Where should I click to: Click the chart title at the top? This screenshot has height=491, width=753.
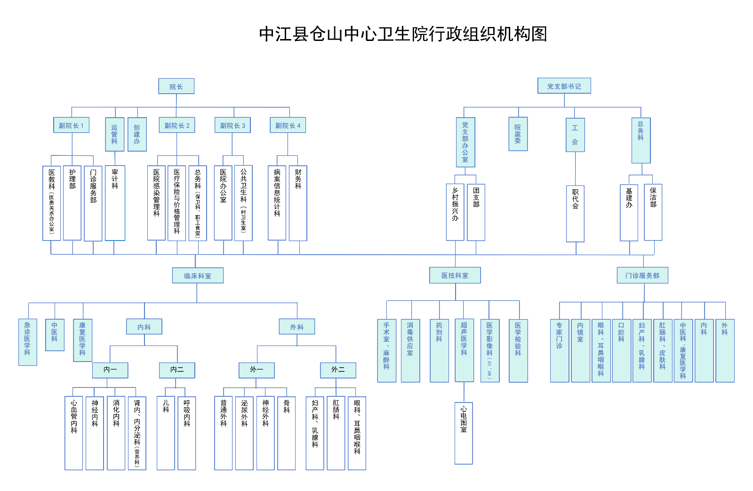coord(403,34)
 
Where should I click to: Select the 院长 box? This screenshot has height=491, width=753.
coord(176,86)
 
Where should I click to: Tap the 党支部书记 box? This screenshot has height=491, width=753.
coord(564,86)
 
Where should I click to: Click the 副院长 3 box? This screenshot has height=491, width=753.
coord(232,125)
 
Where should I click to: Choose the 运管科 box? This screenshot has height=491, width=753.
coord(114,134)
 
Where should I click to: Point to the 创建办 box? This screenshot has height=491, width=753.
coord(137,134)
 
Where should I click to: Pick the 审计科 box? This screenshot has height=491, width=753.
coord(115,202)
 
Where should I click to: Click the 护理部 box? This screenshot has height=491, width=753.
coord(72,202)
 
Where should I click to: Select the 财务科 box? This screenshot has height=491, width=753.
coord(298,202)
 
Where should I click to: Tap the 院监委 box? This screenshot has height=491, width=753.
coord(518,134)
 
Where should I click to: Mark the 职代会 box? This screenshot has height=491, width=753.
coord(575,213)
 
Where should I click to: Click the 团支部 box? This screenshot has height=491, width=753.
coord(476,212)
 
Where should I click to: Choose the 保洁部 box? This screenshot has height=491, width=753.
coord(653,212)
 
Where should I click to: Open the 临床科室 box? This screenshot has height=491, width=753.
coord(198,275)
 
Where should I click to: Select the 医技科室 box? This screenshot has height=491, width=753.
coord(455,275)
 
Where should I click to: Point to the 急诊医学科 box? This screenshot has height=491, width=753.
coord(27,342)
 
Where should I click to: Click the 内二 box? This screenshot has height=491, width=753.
coord(177,370)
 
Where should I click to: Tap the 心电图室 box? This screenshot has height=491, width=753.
coord(464,433)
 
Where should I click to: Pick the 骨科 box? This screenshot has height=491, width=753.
coord(287,433)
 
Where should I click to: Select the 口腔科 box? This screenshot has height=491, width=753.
coord(621,350)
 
